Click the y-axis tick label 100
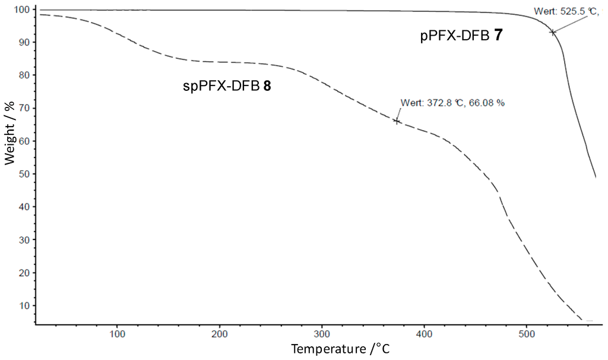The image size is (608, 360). [23, 10]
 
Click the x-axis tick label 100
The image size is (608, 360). [118, 333]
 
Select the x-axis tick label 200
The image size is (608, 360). [220, 333]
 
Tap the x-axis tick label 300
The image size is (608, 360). [322, 333]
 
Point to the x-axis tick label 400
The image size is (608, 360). [425, 333]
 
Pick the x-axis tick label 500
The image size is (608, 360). [527, 333]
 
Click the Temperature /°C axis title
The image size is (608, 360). [341, 349]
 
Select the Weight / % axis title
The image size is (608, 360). [10, 133]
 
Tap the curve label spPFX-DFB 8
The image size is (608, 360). [227, 86]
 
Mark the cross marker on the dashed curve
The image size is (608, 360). [397, 121]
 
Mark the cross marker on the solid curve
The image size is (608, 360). [553, 32]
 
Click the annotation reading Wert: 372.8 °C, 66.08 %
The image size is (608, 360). [452, 102]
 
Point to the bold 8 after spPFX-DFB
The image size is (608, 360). [267, 86]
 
